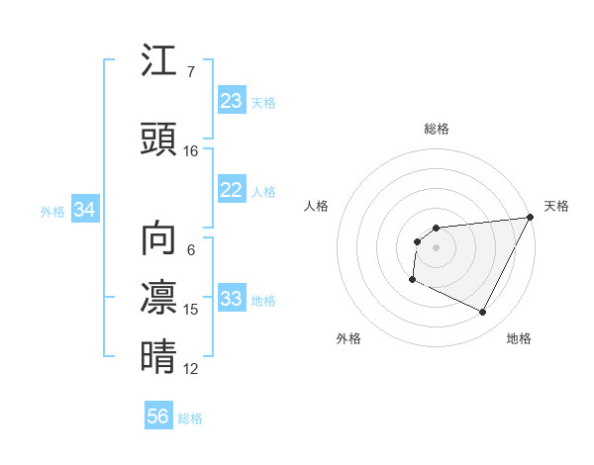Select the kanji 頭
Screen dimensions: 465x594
(x=158, y=139)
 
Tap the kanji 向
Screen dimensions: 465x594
(x=158, y=238)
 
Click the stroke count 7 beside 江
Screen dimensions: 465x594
(x=191, y=72)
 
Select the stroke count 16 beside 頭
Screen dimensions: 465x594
(x=191, y=151)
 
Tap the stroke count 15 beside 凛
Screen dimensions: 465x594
(x=191, y=310)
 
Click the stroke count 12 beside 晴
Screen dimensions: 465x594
(x=191, y=369)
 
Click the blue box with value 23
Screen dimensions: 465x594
(x=231, y=101)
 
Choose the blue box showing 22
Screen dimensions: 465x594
(x=231, y=190)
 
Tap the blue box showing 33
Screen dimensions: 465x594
(x=231, y=299)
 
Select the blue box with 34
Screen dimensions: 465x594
(x=84, y=210)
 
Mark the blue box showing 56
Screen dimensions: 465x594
(x=157, y=417)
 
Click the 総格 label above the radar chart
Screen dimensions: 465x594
(x=436, y=129)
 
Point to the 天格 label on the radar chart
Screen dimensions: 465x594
(x=556, y=206)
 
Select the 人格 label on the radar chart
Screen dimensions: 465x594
(x=316, y=206)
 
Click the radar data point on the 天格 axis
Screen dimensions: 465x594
(x=532, y=217)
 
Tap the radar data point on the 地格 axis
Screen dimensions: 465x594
(x=483, y=313)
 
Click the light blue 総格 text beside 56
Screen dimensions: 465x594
(x=190, y=418)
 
